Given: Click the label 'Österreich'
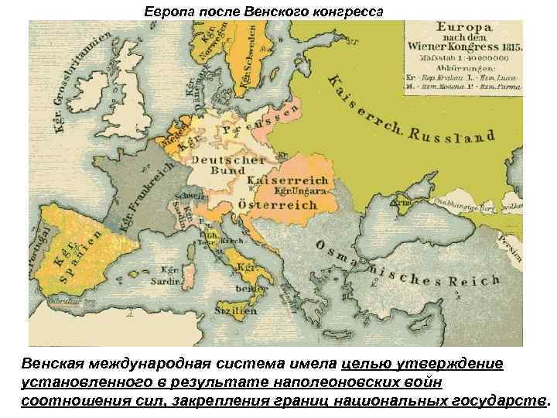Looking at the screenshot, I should click(x=282, y=205).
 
